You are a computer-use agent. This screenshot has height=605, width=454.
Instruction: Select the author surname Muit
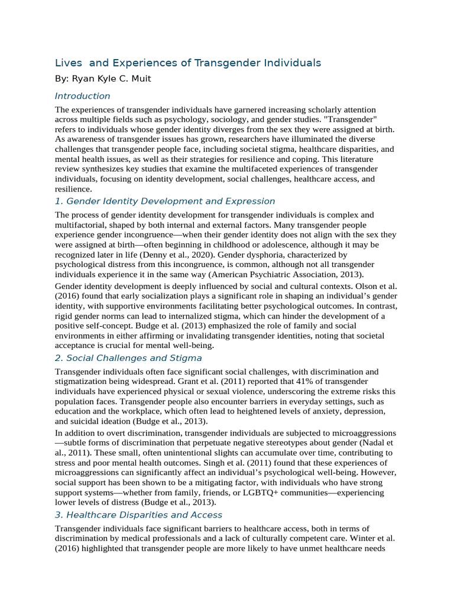tap(140, 79)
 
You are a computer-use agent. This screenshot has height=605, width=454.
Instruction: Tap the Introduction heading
tap(82, 96)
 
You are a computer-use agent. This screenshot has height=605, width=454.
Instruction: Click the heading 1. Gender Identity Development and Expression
tap(165, 201)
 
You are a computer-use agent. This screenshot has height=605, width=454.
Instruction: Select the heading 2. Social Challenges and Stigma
tap(128, 358)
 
